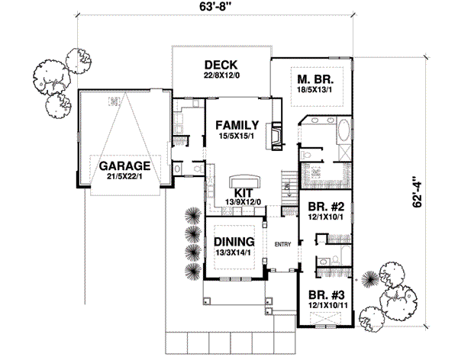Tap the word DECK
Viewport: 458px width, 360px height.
pyautogui.click(x=219, y=64)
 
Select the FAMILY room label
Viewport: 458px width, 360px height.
pyautogui.click(x=236, y=124)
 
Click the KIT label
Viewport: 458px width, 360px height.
pyautogui.click(x=244, y=192)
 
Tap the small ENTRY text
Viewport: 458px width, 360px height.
pyautogui.click(x=282, y=244)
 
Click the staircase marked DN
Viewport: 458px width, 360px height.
pyautogui.click(x=288, y=188)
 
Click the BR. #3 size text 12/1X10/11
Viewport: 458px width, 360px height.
pyautogui.click(x=324, y=305)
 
